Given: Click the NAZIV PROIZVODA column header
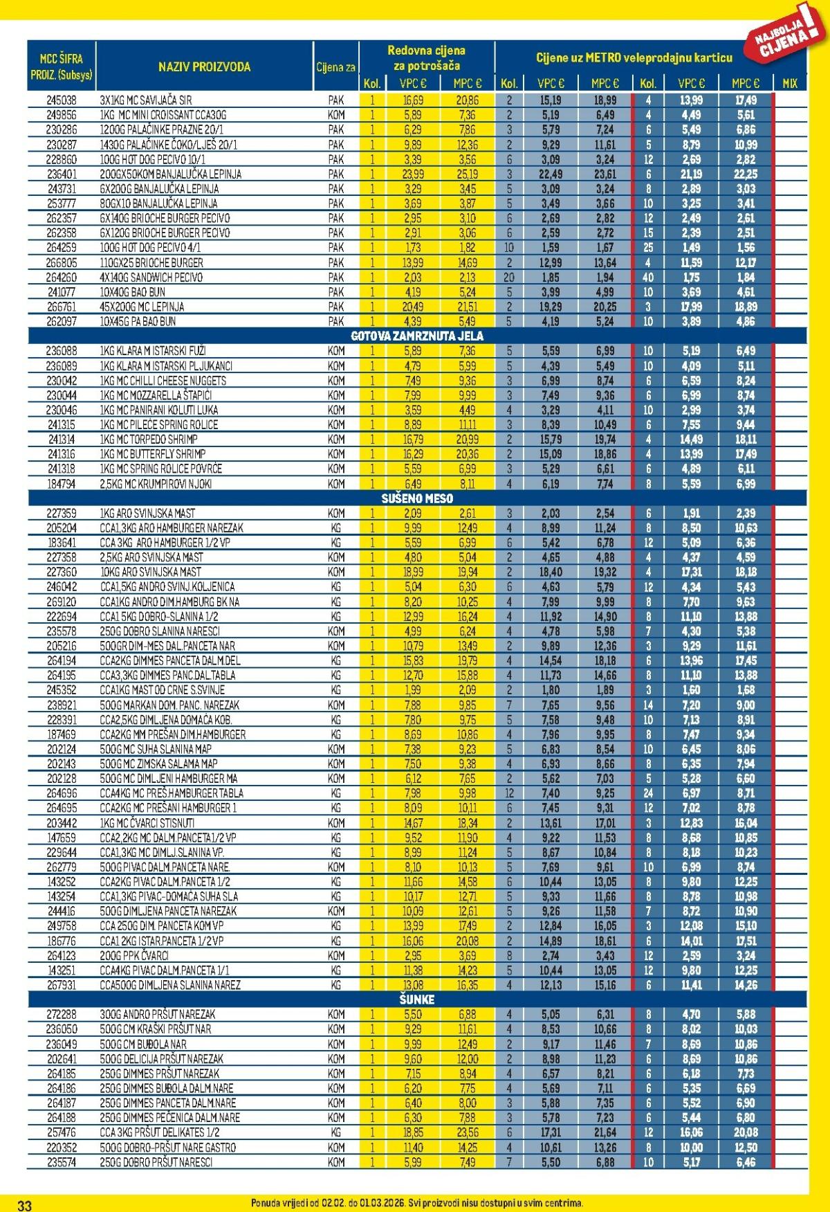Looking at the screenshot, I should pos(204,67).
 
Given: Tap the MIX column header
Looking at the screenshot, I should pos(789,84).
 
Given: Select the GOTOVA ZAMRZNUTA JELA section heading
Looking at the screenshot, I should pos(417,336).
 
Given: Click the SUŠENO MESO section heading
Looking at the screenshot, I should pos(417,498).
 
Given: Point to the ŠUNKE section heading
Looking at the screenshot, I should pos(417,1000).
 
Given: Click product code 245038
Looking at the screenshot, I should pos(62,100).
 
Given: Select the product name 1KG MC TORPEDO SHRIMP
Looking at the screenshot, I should pos(149,440).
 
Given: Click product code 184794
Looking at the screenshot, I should pos(62,484).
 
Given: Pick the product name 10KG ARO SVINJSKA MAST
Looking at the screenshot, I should pos(151,572).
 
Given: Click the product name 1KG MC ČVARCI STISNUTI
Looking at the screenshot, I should pos(147,823).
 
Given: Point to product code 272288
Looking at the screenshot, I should pos(62,1014).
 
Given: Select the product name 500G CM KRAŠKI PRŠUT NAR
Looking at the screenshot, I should pos(156,1029).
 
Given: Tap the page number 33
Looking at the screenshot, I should pos(24,1205).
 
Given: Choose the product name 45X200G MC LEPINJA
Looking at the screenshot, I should pos(142,307).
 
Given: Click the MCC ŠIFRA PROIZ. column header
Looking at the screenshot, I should pos(62,67).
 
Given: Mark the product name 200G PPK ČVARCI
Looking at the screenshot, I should pos(135,955).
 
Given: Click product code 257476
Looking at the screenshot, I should pos(62,1132).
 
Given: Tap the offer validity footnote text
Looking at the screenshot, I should pos(417,1204).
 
